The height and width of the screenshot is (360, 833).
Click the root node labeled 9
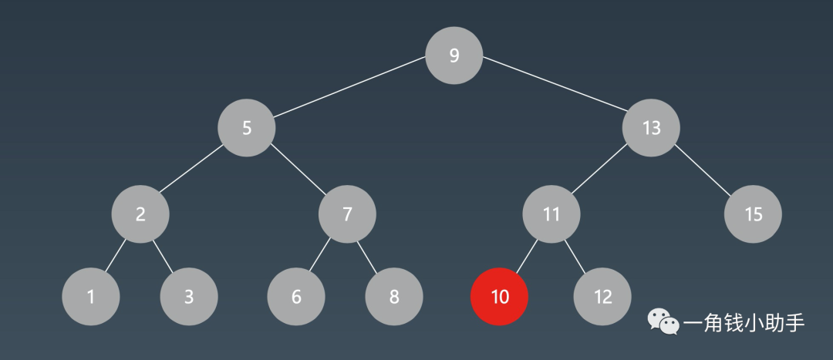point(454,56)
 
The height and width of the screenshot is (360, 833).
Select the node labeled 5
point(247,128)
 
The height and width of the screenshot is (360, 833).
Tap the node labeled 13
point(651,128)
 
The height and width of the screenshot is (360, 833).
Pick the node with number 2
point(140,214)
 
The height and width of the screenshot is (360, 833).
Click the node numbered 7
point(347,214)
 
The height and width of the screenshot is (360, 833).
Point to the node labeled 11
point(551,214)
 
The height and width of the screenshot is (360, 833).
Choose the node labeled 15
point(753,214)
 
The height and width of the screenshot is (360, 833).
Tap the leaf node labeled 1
point(91,296)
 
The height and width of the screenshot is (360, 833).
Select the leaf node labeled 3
point(189,296)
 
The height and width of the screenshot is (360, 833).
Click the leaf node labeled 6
point(296,296)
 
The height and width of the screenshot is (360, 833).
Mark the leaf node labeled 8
point(394,296)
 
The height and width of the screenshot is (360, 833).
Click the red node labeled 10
point(500,296)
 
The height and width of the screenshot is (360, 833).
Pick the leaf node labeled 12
point(602,296)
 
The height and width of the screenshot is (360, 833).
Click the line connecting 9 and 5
point(350,92)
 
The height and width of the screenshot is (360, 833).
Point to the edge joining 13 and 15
point(703,170)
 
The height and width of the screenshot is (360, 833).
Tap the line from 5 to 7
point(298,171)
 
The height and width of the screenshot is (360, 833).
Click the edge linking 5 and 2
point(193,171)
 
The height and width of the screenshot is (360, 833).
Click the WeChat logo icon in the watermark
point(663,322)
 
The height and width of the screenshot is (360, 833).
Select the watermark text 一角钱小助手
point(744,322)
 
